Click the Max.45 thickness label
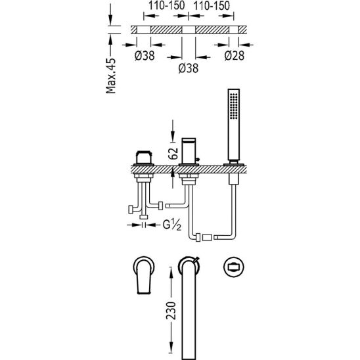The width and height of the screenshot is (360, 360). point(111,76)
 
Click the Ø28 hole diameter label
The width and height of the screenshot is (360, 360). point(235,56)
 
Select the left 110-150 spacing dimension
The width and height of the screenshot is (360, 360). point(166,6)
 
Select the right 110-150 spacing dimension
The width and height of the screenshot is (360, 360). point(212,6)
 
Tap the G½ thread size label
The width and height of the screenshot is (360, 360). point(172,225)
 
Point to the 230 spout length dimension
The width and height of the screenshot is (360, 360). point(171,311)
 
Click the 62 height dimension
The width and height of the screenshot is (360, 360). point(173,154)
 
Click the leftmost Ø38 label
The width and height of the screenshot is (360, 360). point(145,56)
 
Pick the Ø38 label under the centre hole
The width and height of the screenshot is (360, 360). point(189,68)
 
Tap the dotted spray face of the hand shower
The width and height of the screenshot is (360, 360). point(233,106)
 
